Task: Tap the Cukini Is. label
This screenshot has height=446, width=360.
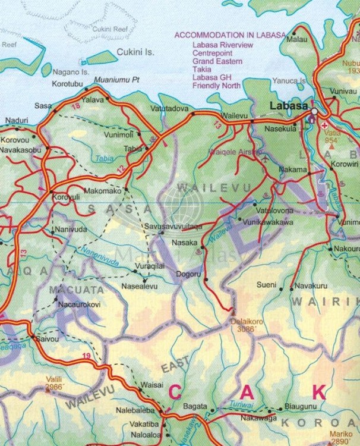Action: [135, 52]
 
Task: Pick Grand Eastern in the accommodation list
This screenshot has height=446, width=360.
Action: [217, 61]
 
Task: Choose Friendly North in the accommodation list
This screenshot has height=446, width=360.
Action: [216, 86]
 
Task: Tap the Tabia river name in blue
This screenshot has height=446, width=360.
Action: [105, 159]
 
